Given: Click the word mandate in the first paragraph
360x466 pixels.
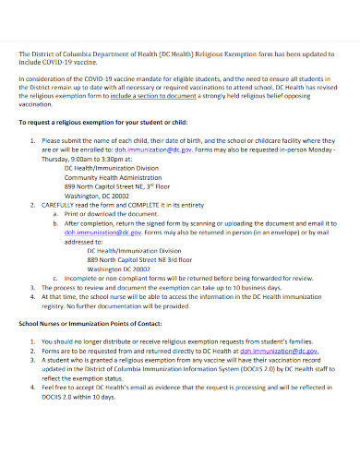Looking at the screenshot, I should click(156, 81).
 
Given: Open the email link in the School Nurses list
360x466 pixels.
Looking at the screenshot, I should click(279, 351).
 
